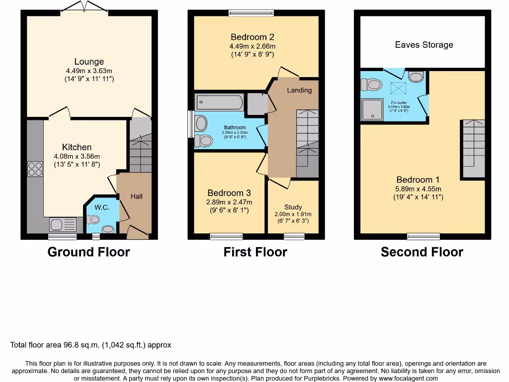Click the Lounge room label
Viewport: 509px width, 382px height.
pos(89,62)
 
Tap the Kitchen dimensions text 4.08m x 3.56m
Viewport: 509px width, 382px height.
pos(77,156)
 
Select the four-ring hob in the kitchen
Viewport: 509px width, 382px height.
pos(35,169)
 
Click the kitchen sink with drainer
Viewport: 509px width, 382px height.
pos(63,224)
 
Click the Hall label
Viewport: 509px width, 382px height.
pos(136,196)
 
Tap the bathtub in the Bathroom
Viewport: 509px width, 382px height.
pos(219,103)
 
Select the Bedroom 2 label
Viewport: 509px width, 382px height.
pos(252,37)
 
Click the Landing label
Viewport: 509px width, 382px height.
pos(299,90)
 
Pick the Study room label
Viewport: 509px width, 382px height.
pos(293,207)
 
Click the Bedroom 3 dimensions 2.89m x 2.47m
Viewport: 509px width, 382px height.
pos(230,202)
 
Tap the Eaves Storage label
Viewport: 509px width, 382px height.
pos(424,45)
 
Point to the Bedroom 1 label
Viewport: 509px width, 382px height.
pos(418,180)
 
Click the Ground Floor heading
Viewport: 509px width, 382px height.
pos(88,252)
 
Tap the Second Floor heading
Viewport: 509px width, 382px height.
pos(422,252)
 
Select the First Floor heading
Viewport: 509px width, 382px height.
pos(255,252)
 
